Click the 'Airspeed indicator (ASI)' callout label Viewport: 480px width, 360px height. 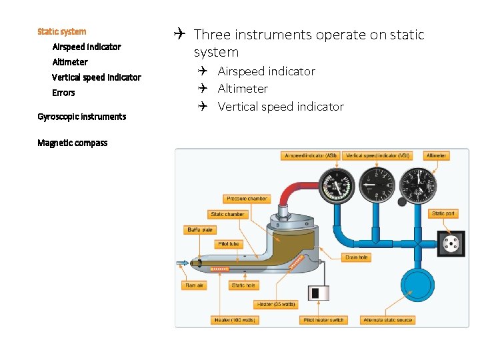point(311,156)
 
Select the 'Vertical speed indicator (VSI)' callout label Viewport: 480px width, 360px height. point(378,156)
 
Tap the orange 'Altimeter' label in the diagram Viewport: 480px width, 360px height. point(436,156)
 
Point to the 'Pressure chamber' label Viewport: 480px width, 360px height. point(247,199)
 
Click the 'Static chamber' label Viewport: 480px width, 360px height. point(227,214)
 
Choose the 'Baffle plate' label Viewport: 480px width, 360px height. point(200,229)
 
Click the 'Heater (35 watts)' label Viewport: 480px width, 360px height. point(276,305)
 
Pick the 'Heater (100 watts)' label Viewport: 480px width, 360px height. point(235,320)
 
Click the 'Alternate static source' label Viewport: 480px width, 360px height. point(388,320)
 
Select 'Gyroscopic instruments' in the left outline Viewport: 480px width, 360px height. point(81,117)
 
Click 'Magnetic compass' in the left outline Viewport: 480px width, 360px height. point(72,143)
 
